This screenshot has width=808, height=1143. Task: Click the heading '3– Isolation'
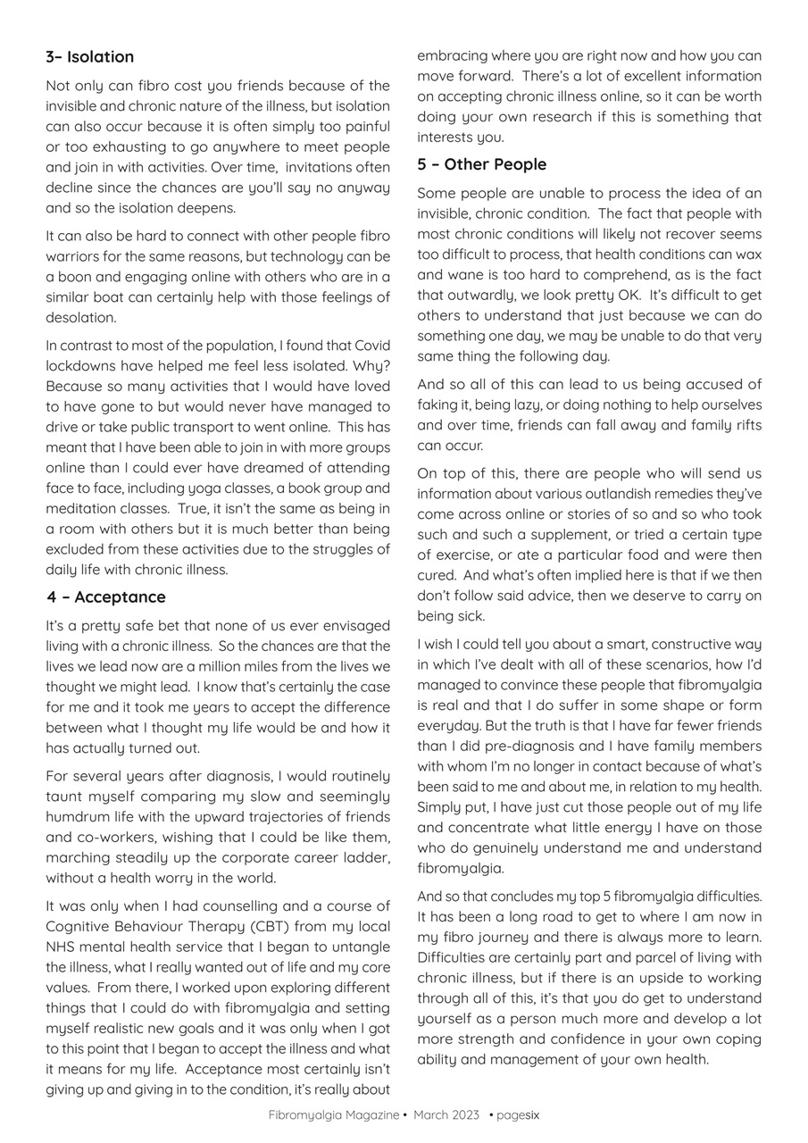point(90,57)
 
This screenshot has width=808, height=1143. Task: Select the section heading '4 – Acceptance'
point(106,597)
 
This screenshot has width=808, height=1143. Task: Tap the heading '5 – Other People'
point(481,164)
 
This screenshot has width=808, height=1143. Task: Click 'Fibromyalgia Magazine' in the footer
point(334,1114)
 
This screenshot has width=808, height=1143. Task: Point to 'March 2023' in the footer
point(446,1114)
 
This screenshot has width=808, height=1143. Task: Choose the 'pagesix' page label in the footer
point(518,1114)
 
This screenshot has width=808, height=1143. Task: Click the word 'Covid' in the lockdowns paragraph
point(371,346)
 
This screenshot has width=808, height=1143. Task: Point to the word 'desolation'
point(81,318)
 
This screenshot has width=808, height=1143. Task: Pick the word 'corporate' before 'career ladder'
point(252,858)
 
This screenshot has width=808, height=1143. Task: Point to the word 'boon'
point(75,277)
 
